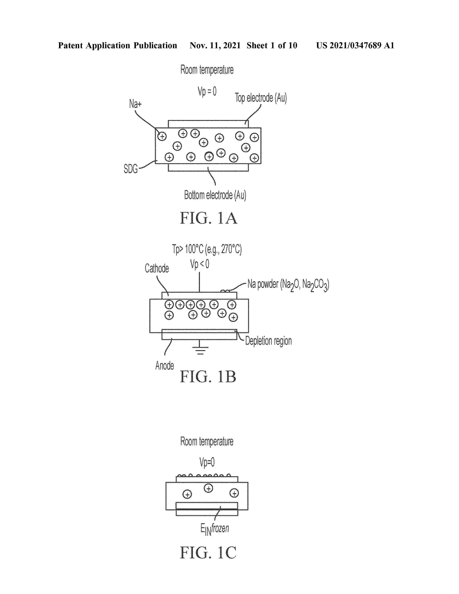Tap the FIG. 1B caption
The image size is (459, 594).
[x=208, y=377]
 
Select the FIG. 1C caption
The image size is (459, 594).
[x=208, y=552]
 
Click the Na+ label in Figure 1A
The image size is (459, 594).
[x=135, y=104]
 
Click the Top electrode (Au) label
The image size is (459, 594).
[x=261, y=98]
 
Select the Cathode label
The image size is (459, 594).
[x=157, y=268]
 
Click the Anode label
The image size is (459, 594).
[x=165, y=365]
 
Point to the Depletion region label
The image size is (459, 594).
[x=268, y=341]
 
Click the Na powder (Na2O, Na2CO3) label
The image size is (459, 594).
[x=288, y=285]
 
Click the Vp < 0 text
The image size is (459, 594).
[x=200, y=264]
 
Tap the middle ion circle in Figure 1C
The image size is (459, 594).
[x=209, y=489]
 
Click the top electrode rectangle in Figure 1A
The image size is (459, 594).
[x=208, y=124]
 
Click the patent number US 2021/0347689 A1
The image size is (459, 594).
[x=355, y=45]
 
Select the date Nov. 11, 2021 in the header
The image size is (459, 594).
[x=215, y=45]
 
